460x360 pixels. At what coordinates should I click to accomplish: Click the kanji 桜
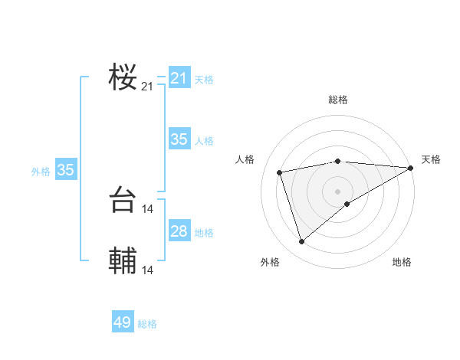point(123,77)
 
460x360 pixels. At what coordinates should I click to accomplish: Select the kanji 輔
point(123,261)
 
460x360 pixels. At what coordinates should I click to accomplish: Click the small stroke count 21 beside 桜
point(147,87)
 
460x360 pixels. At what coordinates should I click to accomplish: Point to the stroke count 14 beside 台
point(147,208)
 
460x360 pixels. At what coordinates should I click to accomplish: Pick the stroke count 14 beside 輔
point(147,270)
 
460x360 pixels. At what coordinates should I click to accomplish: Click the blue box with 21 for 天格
point(179,78)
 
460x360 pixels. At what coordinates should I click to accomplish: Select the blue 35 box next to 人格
point(179,139)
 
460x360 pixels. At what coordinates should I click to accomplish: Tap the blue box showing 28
point(179,231)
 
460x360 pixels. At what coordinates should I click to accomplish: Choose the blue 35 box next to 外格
point(65,170)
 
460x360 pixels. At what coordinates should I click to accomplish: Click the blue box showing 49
point(123,322)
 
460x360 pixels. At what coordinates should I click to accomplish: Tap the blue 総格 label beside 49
point(147,324)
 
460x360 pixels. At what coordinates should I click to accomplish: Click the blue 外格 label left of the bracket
point(41,172)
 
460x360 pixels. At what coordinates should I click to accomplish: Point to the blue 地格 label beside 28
point(204,233)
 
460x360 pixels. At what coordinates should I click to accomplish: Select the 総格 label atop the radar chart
point(338,100)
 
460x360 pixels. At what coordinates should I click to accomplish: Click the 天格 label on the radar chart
point(431,159)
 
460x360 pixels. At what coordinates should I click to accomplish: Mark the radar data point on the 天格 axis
point(411,168)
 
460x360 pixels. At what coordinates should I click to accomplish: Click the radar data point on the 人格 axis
point(280,172)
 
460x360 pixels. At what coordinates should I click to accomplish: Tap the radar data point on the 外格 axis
point(302,242)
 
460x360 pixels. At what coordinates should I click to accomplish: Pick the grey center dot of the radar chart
point(338,191)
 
